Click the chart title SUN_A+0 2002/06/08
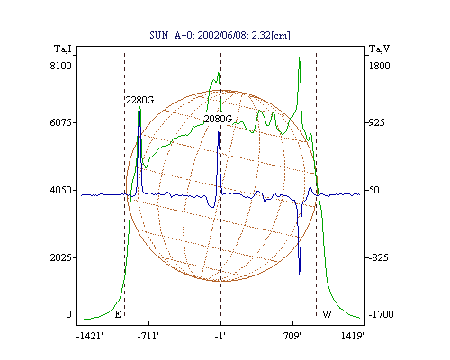(x=220, y=35)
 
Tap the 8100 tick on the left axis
(x=61, y=66)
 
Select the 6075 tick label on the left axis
(x=61, y=122)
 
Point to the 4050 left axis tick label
(x=61, y=190)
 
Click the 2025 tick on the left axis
(x=61, y=257)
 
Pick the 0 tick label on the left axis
(x=68, y=314)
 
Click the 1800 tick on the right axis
(x=379, y=66)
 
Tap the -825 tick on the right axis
(x=378, y=257)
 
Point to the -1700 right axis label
(x=381, y=314)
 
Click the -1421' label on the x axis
(x=90, y=336)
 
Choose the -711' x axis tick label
(x=148, y=336)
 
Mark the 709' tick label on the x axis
(x=292, y=336)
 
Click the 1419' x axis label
(x=353, y=336)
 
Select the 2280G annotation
(x=139, y=100)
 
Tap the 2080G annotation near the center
(x=218, y=119)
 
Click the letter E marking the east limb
(x=118, y=314)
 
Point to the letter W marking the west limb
(x=327, y=314)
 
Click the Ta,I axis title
(x=63, y=49)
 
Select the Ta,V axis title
(x=379, y=49)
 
